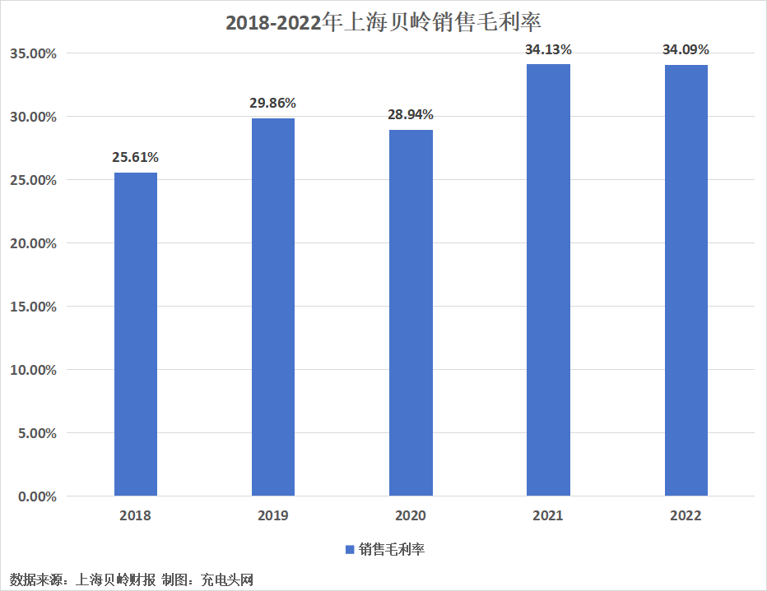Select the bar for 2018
coord(136,334)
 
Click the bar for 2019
coord(273,307)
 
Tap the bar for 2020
coord(411,312)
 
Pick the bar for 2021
coord(548,279)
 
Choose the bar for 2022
coord(686,280)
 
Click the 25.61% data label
coord(136,157)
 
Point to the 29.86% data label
coord(273,103)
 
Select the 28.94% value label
coord(411,115)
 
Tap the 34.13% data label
coord(548,50)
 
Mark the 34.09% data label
coord(686,50)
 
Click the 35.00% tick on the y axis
coord(33,53)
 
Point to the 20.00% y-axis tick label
coord(33,243)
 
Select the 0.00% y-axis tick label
coord(37,496)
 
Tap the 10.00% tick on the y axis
coord(33,370)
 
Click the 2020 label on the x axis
coord(411,515)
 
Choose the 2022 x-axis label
coord(686,515)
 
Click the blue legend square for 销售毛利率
coord(350,549)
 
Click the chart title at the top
coord(383,22)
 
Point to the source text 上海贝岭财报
coord(115,579)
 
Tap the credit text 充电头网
coord(227,579)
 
